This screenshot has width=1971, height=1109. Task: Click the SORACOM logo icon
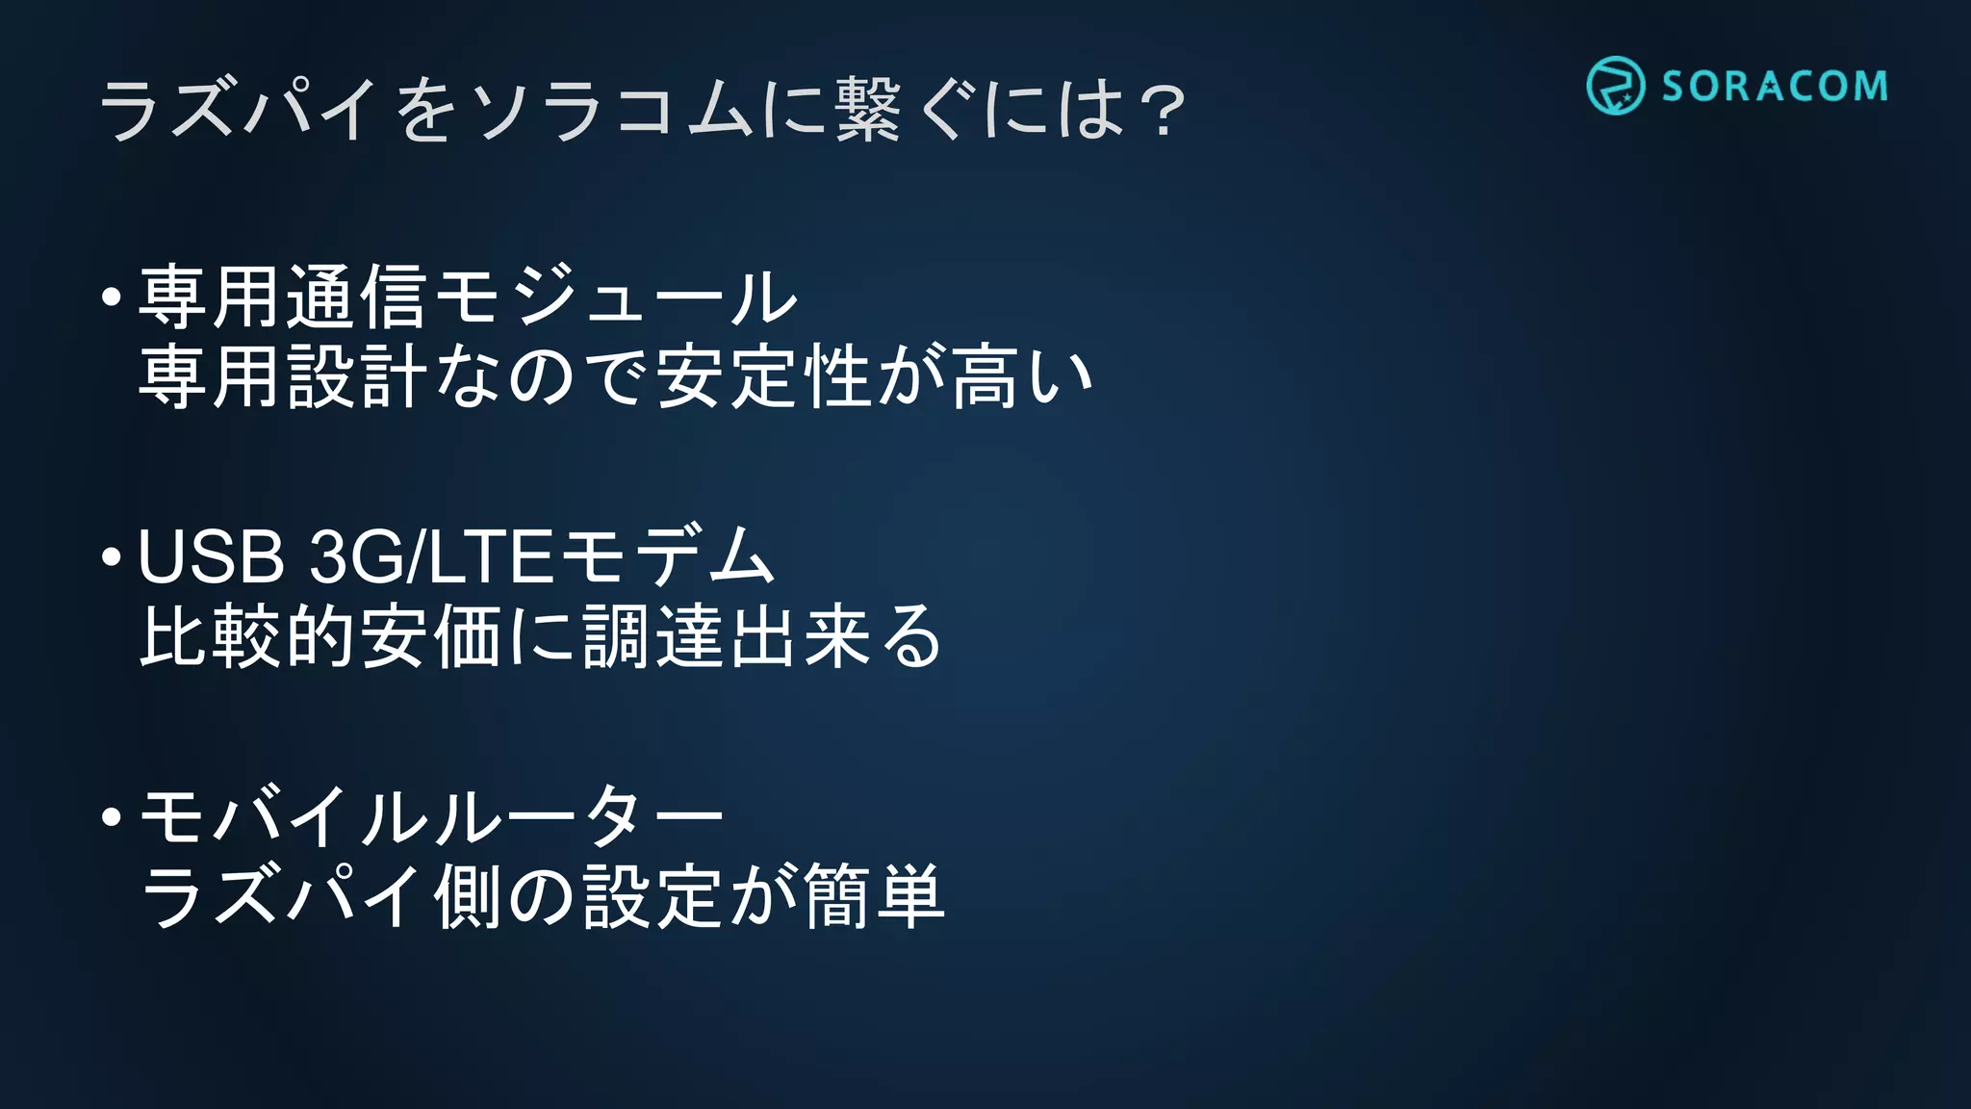point(1615,86)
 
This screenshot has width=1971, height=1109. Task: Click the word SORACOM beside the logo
point(1775,87)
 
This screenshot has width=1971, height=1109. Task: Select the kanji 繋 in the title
point(868,110)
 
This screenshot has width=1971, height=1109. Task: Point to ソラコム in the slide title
point(612,110)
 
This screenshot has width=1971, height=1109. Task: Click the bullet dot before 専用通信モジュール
point(112,297)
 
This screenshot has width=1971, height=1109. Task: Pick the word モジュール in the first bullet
point(616,297)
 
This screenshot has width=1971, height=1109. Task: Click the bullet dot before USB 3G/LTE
point(112,557)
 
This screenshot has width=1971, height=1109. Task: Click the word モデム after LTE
point(667,557)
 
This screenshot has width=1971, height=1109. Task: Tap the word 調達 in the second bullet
point(654,636)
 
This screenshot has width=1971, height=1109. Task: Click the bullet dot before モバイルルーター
point(112,817)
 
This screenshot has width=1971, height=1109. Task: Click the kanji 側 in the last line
point(468,896)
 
